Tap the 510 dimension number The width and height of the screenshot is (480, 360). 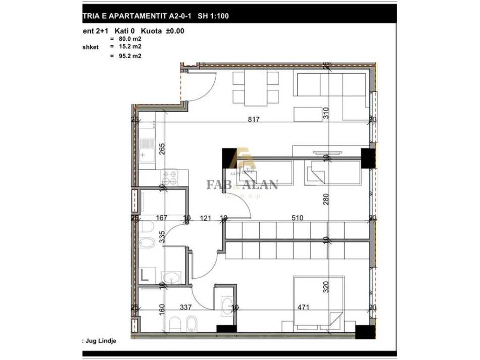[x=298, y=218]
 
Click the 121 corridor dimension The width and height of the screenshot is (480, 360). [x=205, y=218]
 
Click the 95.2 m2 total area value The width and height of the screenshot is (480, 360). [x=126, y=57]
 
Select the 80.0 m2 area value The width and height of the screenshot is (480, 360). [x=126, y=38]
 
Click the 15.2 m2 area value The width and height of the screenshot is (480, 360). [x=126, y=46]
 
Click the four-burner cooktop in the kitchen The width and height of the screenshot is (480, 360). [x=170, y=177]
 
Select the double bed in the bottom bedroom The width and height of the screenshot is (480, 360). [x=319, y=300]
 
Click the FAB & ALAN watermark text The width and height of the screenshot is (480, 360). [x=242, y=185]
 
